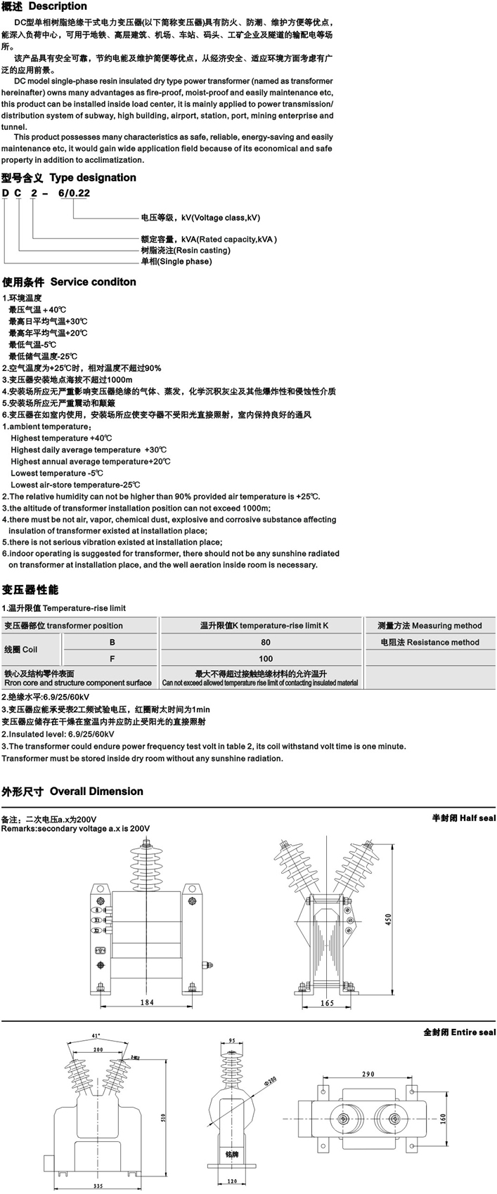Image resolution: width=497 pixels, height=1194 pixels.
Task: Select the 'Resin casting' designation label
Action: coord(186,250)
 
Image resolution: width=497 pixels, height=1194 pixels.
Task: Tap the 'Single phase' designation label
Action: coord(176,261)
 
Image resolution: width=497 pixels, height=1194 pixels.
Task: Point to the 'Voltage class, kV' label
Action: coord(201,218)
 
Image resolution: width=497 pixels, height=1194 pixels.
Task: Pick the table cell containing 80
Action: coord(265,642)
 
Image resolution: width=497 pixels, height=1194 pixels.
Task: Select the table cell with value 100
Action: coord(265,659)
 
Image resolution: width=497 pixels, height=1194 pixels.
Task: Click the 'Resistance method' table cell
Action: coord(430,642)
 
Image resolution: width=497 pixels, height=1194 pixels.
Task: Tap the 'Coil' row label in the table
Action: coord(20,650)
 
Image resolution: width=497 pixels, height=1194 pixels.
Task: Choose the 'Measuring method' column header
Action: coord(430,625)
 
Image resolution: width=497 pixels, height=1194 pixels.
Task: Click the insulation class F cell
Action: coord(112,659)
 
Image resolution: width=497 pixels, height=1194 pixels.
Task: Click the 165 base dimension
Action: coord(327,1003)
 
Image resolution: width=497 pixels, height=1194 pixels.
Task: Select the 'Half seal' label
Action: coord(463,818)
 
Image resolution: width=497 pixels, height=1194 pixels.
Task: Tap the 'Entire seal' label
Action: coord(460,1032)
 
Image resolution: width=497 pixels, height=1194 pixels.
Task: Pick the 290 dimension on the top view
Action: coord(368,1074)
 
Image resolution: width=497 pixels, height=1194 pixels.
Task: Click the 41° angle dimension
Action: coord(96,1035)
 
